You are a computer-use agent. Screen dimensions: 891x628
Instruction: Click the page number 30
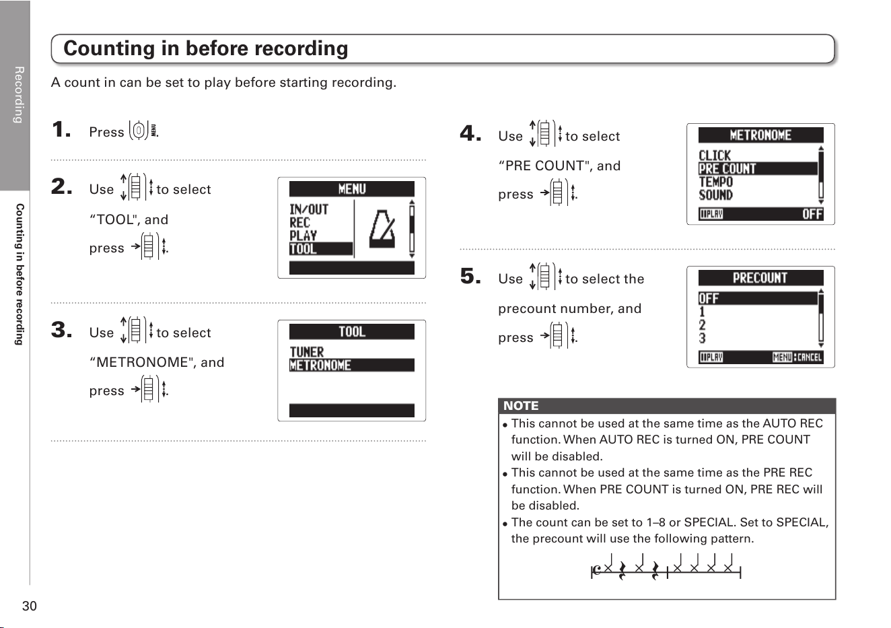point(30,606)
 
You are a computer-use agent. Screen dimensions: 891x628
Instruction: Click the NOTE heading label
point(521,405)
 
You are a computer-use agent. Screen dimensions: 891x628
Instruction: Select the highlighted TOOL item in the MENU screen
point(320,249)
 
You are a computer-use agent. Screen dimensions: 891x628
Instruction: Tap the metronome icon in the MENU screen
point(382,230)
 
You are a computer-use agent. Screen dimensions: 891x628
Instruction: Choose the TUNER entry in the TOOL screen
point(307,352)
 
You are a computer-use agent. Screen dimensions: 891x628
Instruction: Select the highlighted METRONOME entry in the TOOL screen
point(352,365)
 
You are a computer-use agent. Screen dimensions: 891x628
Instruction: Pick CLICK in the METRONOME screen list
point(715,155)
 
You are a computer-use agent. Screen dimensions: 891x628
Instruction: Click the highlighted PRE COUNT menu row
point(758,169)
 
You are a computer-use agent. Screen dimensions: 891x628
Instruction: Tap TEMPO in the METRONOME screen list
point(716,182)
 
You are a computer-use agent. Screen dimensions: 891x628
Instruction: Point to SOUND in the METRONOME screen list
point(715,195)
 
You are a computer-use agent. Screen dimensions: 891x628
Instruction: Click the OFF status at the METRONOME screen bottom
point(812,214)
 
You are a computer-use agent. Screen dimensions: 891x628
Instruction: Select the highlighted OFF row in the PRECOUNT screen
point(758,298)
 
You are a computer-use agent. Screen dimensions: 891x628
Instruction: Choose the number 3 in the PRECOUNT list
point(702,339)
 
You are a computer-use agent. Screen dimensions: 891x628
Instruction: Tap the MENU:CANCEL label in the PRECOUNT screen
point(797,357)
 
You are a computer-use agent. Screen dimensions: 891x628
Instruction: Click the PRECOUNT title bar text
point(760,278)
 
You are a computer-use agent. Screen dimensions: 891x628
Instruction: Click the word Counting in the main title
point(108,49)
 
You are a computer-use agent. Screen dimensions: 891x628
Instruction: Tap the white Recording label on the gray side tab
point(19,95)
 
